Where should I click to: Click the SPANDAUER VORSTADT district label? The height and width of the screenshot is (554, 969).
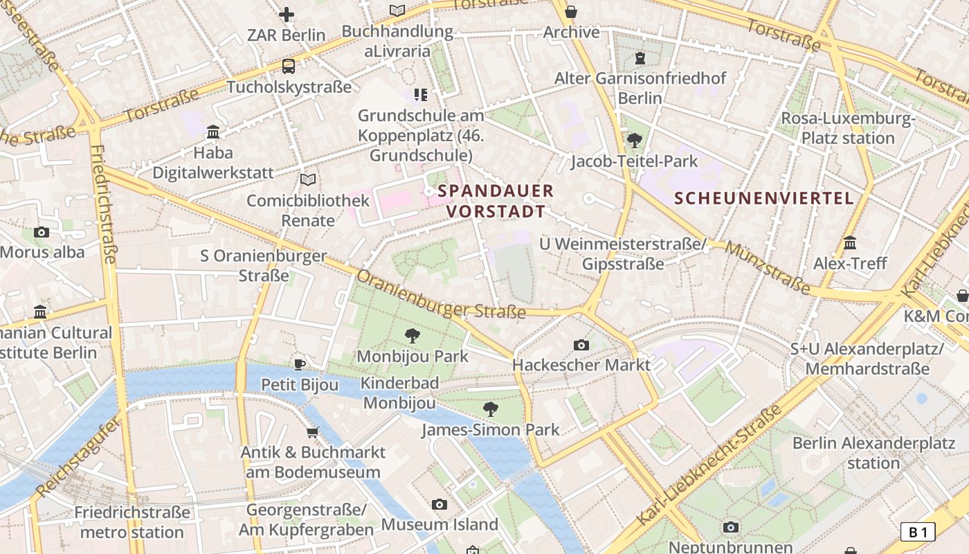496,201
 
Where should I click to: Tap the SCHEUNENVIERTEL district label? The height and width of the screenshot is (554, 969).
764,199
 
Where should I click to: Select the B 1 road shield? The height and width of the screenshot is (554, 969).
918,532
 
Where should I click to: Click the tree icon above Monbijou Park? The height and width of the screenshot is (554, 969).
413,336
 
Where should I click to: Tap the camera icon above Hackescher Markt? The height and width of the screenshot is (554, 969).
581,345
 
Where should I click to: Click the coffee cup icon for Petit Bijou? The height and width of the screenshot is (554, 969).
300,364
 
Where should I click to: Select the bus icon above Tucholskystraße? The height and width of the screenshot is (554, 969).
289,66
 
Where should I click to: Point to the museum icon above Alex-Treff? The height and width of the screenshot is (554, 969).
850,243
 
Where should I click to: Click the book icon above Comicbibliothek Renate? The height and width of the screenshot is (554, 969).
308,180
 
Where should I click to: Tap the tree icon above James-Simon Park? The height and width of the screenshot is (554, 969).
491,409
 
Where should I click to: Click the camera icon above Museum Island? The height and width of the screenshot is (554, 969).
440,504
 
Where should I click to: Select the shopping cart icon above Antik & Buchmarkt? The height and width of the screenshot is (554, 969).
313,432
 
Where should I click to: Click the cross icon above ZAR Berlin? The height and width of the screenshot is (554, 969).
287,14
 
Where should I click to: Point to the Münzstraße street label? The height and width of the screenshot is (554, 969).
768,268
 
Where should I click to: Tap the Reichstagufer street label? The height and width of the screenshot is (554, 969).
78,457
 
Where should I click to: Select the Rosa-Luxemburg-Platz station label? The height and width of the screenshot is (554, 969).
848,128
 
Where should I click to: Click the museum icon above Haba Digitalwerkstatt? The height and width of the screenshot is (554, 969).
213,132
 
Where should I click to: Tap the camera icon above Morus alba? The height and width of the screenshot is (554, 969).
42,232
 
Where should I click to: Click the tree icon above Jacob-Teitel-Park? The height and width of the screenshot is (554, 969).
634,141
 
